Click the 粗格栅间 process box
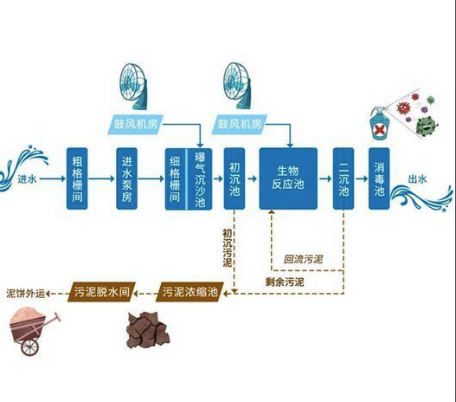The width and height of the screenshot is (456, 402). point(79,178)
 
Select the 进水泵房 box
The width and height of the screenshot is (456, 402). point(128,178)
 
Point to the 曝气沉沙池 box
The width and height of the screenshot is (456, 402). point(199,178)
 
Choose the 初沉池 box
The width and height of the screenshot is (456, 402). point(234,178)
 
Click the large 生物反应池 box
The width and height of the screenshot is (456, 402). point(288,178)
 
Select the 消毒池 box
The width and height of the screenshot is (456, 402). point(379,178)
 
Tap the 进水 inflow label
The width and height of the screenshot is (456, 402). point(26,179)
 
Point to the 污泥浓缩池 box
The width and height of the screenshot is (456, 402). point(191,293)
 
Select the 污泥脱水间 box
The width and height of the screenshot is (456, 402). point(101,293)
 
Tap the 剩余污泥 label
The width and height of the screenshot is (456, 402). point(285,282)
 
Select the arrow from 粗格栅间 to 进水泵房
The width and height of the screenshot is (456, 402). point(103,179)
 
